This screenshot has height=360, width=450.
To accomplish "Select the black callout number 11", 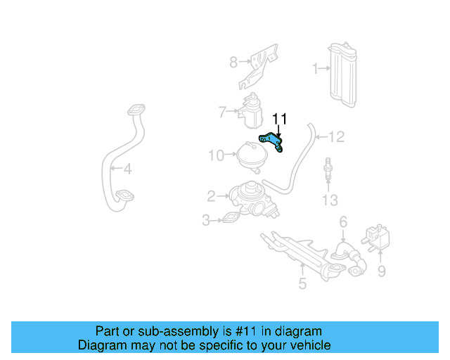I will (280, 119).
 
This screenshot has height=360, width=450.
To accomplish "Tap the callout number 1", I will (316, 68).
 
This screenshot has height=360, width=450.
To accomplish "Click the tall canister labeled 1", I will (343, 76).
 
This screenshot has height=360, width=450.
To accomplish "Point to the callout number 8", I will (233, 63).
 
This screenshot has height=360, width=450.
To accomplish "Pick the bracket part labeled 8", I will (257, 67).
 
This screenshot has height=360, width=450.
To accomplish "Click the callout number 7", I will (221, 112).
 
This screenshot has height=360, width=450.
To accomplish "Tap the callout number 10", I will (216, 155).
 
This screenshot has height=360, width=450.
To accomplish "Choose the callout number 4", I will (127, 169).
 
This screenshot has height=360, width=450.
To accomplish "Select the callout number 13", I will (330, 201).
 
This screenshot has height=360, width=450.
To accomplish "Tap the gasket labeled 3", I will (231, 220).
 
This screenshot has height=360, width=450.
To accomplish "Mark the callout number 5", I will (302, 284).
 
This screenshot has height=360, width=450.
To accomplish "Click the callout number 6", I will (343, 223).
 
